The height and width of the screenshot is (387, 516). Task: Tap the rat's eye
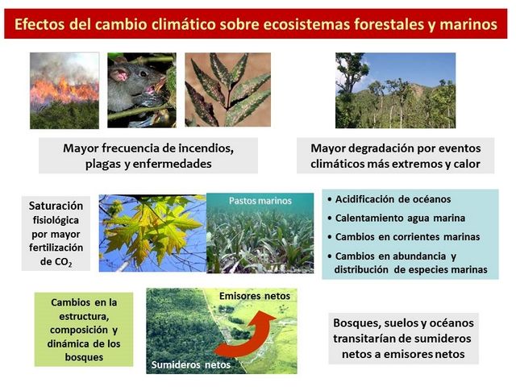[144, 73]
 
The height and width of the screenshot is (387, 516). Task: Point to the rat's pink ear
[119, 74]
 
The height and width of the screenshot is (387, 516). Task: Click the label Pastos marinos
[260, 201]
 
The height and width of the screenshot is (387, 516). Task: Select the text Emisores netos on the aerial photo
[255, 296]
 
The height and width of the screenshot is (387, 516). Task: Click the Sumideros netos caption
[191, 364]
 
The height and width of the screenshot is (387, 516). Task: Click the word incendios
[206, 148]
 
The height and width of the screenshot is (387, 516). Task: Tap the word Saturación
[56, 206]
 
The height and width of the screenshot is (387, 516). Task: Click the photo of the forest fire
[64, 90]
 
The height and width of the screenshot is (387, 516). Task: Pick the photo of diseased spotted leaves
[227, 89]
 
